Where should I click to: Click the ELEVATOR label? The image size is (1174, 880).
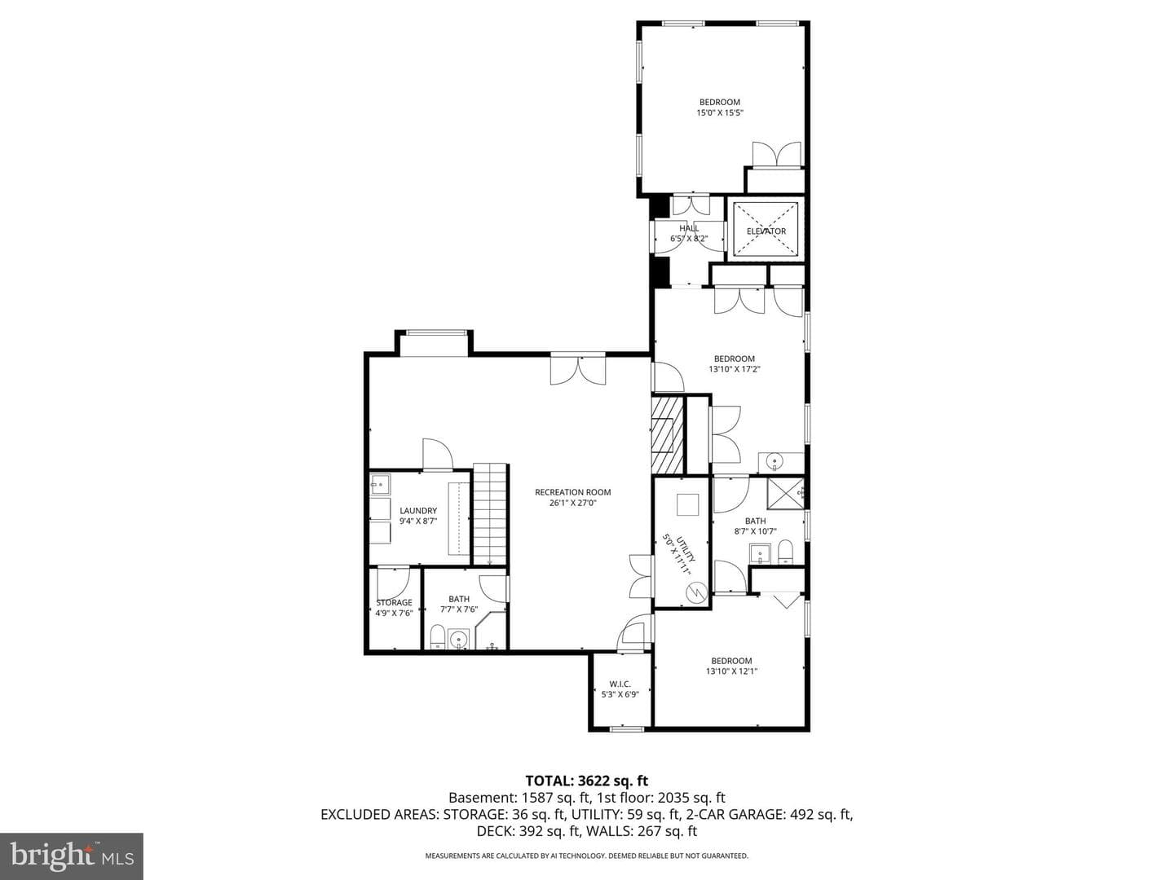pos(766,231)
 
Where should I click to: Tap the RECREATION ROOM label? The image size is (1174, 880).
pos(573,492)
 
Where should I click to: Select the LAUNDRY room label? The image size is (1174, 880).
pos(418,511)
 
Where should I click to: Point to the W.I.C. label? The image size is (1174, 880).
pos(620,684)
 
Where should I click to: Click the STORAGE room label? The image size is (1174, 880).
pos(394,603)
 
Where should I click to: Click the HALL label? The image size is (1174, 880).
pos(689,228)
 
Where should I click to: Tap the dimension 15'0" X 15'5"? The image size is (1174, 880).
pos(720,112)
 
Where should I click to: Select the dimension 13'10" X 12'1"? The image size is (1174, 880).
pos(731,671)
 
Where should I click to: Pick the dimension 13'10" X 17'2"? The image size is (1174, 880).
pos(735,368)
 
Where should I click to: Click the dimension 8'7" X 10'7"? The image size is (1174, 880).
pos(755,531)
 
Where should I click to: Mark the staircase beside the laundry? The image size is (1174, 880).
pos(490,513)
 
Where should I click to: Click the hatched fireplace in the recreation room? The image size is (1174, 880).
pos(668,434)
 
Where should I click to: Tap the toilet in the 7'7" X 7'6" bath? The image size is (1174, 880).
pos(438,637)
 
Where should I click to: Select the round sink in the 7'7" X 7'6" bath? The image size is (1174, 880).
pos(458,639)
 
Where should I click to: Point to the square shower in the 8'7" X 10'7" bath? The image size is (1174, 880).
pos(785,490)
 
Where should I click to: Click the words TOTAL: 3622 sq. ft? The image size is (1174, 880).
pos(587,781)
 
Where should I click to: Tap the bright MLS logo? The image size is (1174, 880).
pos(72,856)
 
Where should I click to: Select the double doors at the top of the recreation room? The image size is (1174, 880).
pos(578,370)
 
